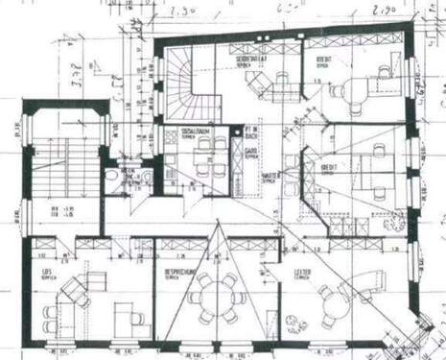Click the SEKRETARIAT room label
[252, 60]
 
